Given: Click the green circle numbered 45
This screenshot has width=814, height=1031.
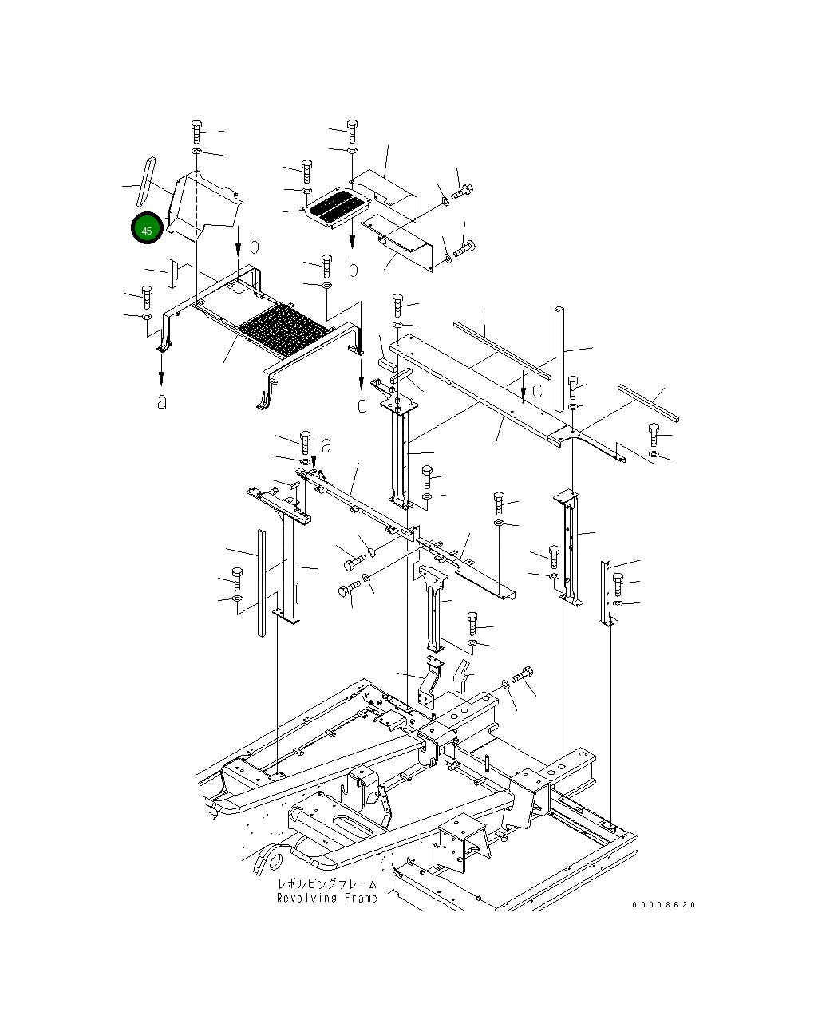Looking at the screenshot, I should click(147, 229).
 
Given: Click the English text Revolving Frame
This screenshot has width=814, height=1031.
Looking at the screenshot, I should click(326, 898).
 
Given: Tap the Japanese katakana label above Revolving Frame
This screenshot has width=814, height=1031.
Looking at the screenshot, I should click(326, 884).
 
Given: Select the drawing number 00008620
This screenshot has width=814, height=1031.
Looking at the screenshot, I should click(664, 904).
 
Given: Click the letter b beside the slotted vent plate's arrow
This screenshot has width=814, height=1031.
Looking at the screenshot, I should click(353, 269).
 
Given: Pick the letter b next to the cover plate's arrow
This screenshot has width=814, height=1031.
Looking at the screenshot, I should click(254, 244).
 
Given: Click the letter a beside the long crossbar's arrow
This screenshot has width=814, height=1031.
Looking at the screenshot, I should click(326, 446).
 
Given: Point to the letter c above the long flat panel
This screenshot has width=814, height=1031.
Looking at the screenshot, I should click(537, 390).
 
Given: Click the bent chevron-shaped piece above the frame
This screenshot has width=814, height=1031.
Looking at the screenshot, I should click(462, 675).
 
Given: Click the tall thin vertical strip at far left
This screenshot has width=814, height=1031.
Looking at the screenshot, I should click(260, 583).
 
